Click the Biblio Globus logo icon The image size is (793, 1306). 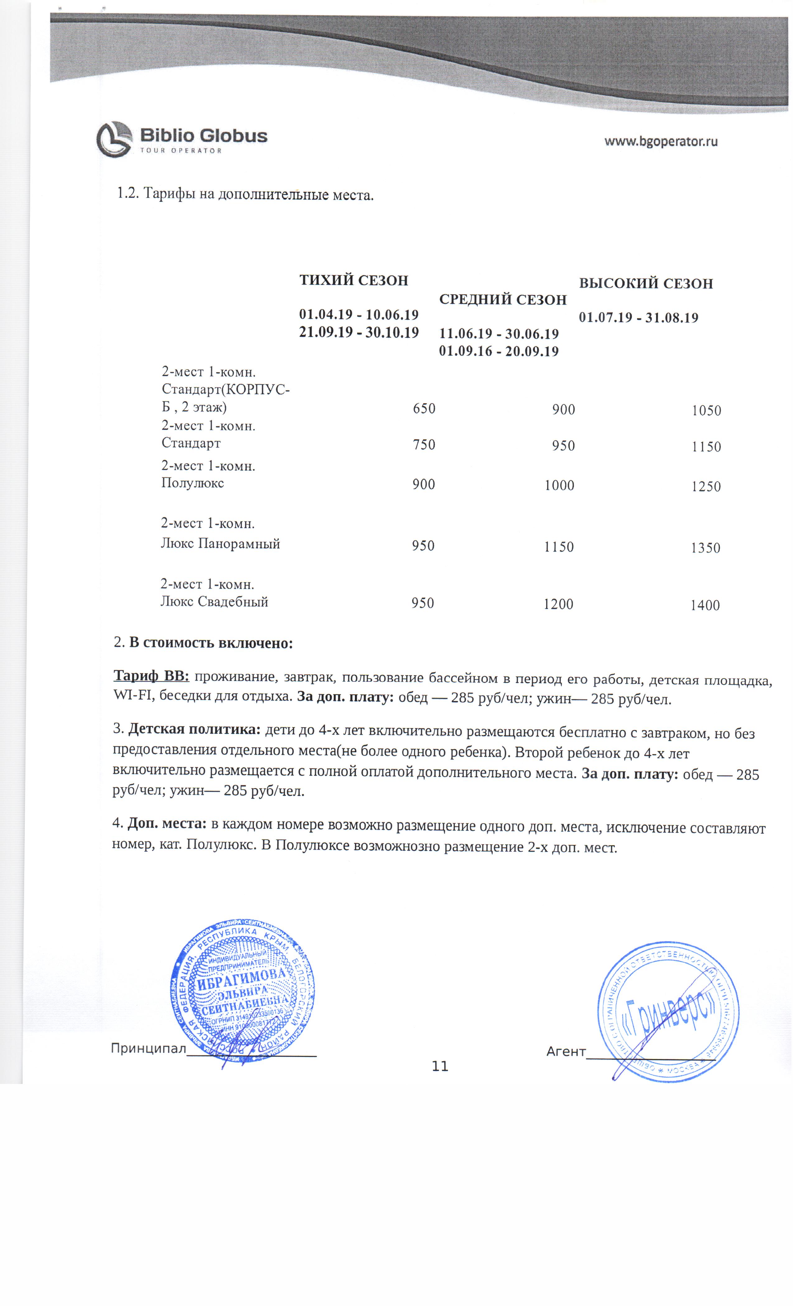(x=114, y=139)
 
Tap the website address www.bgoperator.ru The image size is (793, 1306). (x=661, y=142)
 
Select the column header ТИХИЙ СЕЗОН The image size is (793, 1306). (x=353, y=280)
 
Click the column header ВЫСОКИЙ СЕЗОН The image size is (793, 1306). (x=646, y=284)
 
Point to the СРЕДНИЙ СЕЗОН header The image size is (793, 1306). (x=502, y=300)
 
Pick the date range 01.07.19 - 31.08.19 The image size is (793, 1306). (x=638, y=318)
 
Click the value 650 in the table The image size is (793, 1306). (x=424, y=409)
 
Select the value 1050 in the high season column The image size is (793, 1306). (x=706, y=411)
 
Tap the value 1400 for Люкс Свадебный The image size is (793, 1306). (x=704, y=605)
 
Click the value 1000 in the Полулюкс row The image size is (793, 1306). (x=559, y=486)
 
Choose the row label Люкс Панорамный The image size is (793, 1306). (x=220, y=544)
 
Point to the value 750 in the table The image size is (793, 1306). (x=424, y=445)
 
